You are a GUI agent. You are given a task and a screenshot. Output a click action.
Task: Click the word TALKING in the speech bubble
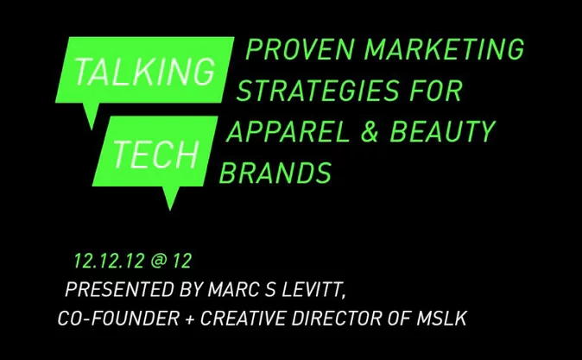(145, 72)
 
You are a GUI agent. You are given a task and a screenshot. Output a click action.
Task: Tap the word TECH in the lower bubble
(155, 154)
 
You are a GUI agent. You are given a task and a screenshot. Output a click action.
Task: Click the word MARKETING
(445, 49)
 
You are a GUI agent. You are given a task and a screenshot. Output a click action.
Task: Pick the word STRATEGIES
(318, 90)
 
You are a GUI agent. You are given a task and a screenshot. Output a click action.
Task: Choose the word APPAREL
(288, 131)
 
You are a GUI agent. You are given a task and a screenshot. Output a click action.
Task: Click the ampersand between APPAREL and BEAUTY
(370, 131)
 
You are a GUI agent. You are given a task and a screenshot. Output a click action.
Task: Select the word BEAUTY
(442, 131)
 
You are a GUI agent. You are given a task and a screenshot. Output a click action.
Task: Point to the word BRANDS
(275, 173)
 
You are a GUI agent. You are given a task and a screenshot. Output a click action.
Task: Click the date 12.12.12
(109, 261)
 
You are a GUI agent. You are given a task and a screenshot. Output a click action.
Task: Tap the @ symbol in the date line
(159, 261)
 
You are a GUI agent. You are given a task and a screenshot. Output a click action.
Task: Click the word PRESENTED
(120, 289)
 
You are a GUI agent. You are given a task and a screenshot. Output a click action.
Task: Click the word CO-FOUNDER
(119, 319)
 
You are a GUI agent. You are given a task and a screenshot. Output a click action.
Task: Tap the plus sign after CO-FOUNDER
(190, 319)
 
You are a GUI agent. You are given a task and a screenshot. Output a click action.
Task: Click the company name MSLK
(441, 319)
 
